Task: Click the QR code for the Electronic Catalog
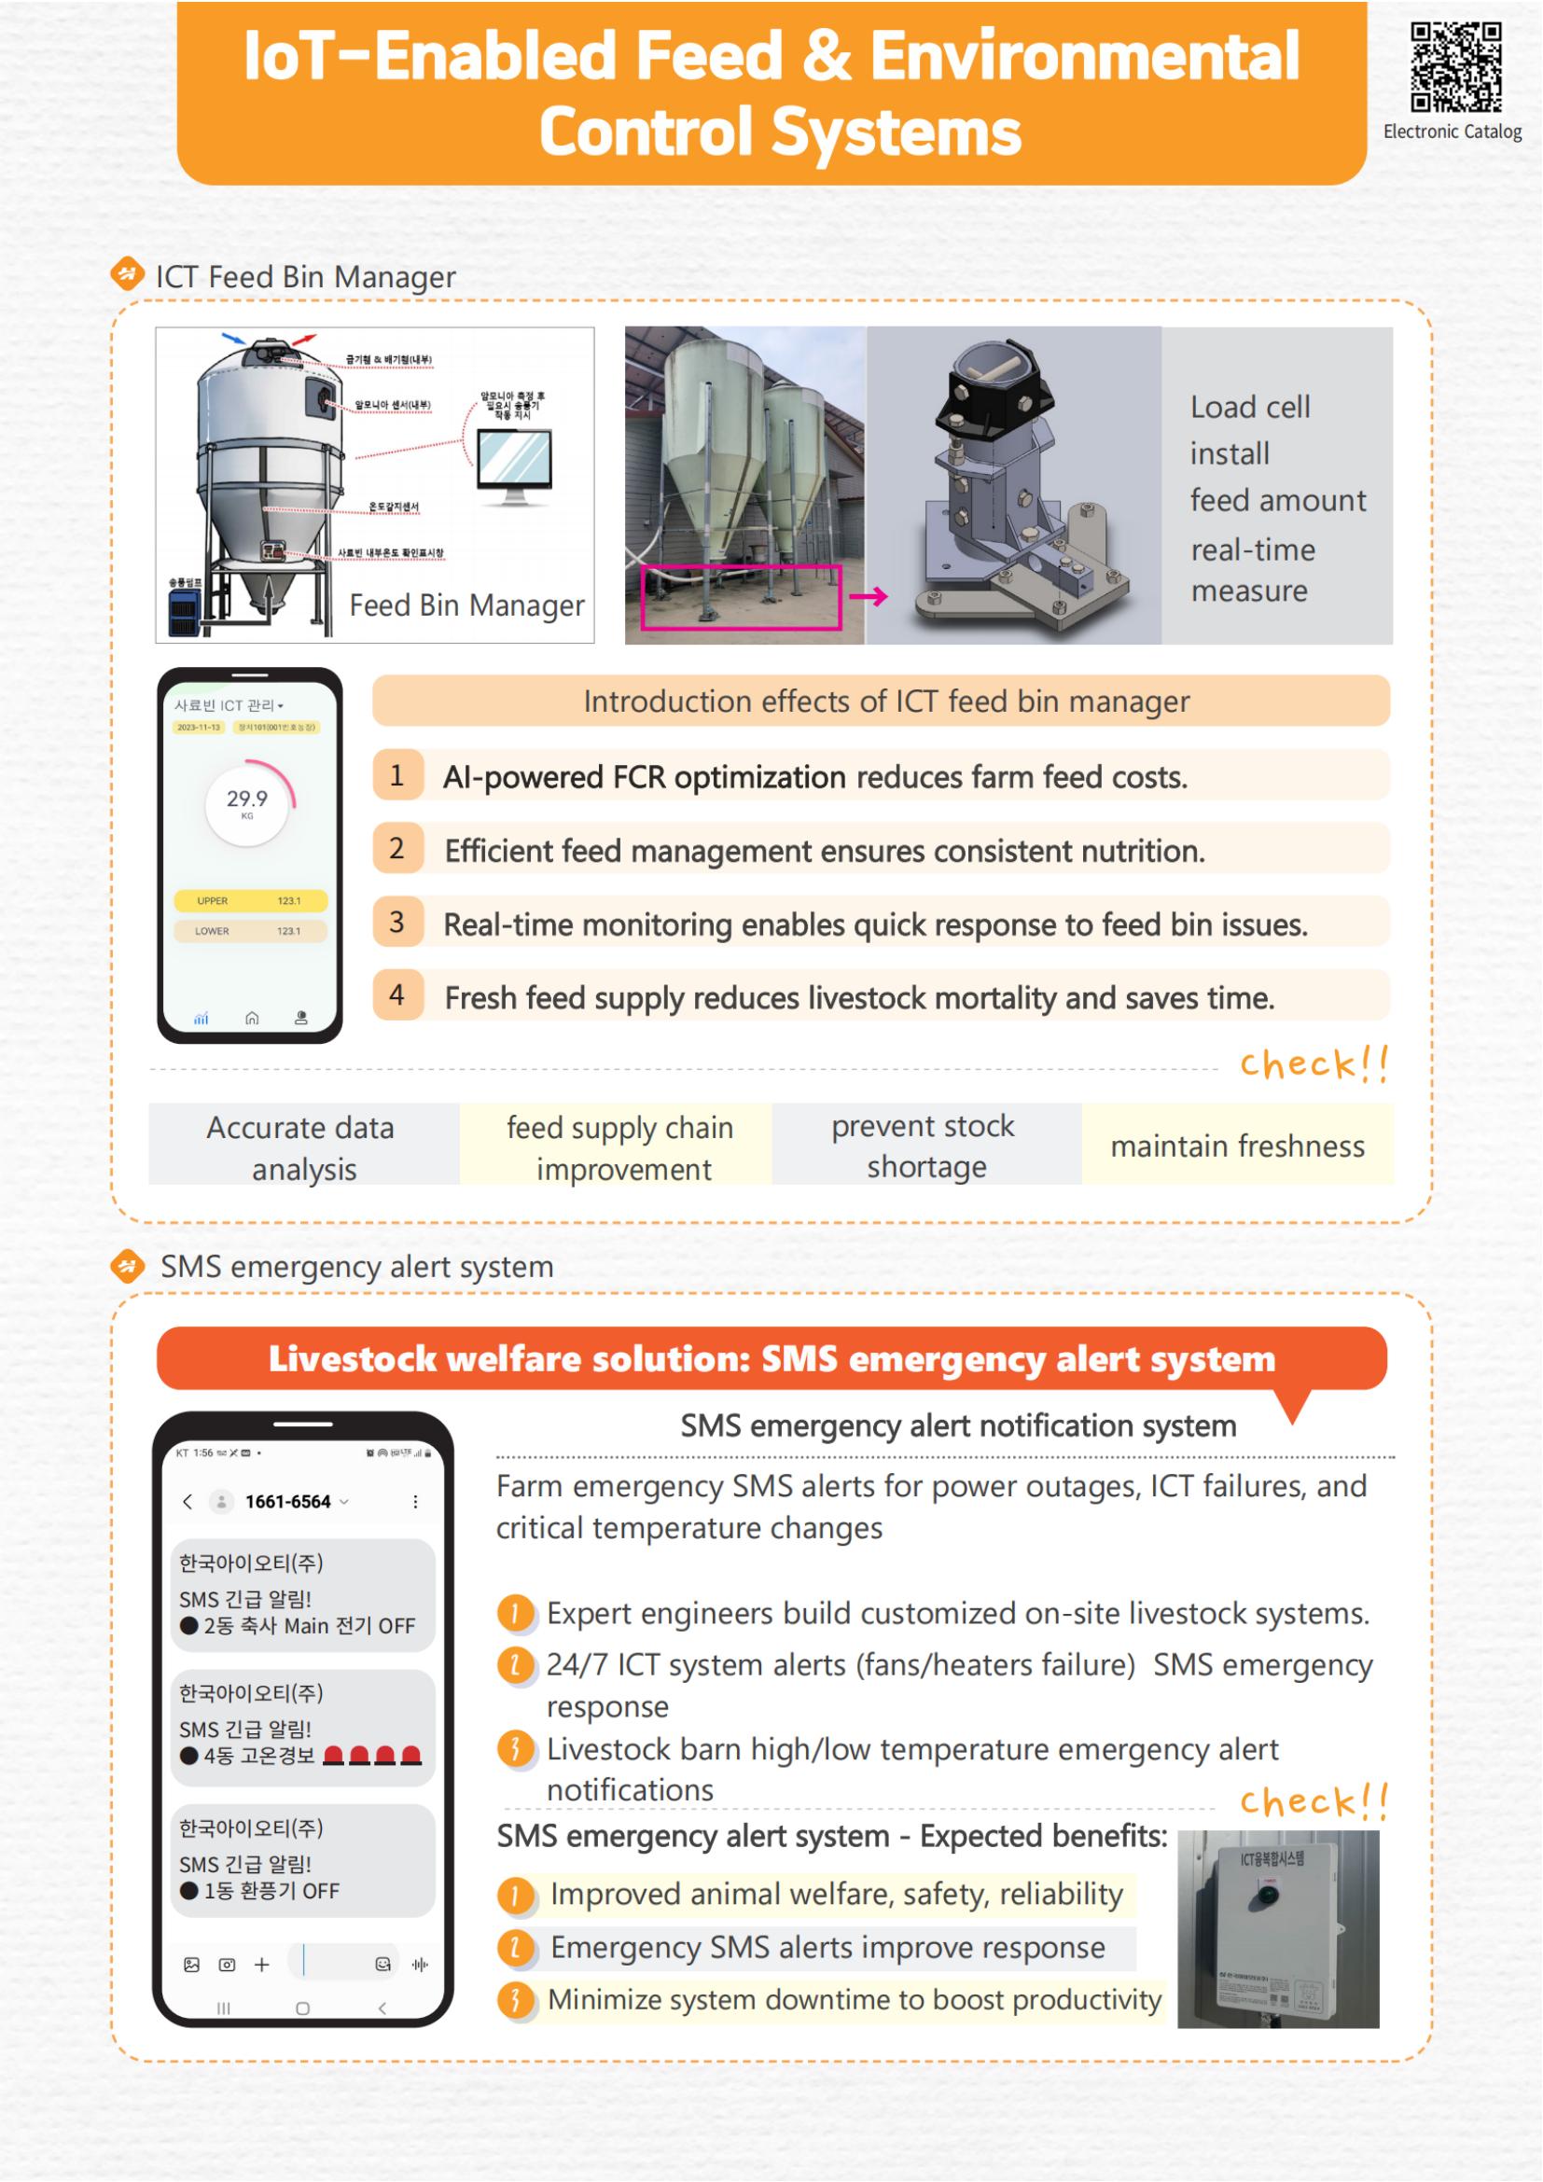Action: tap(1455, 68)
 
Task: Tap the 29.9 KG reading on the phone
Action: tap(247, 801)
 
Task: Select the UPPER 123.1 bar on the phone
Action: tap(250, 900)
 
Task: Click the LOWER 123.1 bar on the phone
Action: tap(250, 930)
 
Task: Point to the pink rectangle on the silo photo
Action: tap(741, 597)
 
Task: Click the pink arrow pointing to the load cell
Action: tap(869, 597)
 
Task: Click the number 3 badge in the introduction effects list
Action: tap(397, 922)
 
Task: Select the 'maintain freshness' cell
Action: tap(1237, 1146)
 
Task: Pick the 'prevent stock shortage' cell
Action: tap(925, 1146)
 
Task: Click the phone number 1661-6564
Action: tap(287, 1502)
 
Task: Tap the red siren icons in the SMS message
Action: tap(371, 1756)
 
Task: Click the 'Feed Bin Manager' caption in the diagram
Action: tap(466, 605)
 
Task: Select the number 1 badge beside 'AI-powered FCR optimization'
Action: tap(397, 775)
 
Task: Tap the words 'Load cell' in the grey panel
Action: tap(1249, 408)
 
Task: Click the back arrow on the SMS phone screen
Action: tap(188, 1502)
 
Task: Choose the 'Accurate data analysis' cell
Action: tap(302, 1147)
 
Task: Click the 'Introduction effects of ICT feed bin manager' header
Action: tap(885, 702)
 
